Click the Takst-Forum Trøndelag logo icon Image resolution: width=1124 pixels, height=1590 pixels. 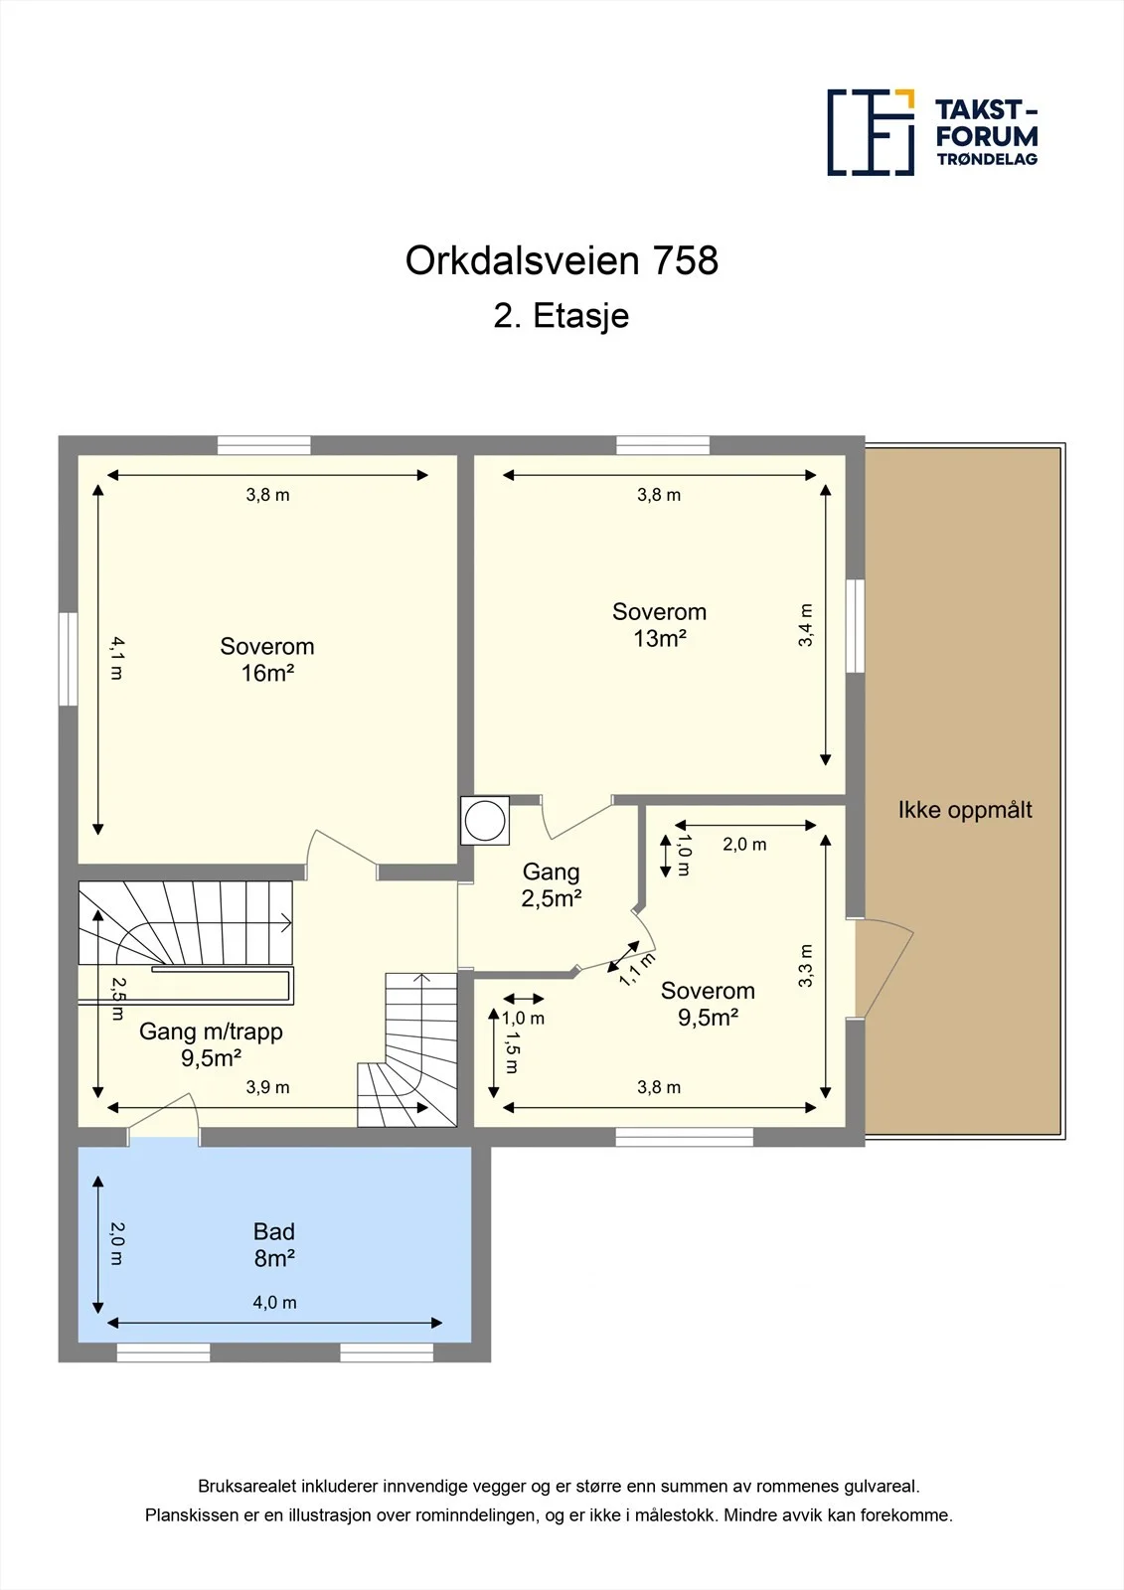pos(871,133)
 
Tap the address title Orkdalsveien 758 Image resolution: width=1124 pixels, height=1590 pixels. pos(562,260)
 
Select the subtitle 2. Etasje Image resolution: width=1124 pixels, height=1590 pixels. pos(561,315)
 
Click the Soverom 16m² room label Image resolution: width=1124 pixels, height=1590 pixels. pos(267,660)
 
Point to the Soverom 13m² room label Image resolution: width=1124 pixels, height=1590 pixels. pos(659,625)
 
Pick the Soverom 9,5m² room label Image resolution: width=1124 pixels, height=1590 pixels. pos(708,1004)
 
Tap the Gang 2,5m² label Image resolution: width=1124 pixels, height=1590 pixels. pos(551,884)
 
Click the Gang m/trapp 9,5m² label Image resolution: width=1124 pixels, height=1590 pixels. pos(211,1044)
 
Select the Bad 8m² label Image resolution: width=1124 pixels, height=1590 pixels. pos(274,1244)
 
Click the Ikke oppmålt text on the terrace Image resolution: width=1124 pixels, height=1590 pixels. pos(965,810)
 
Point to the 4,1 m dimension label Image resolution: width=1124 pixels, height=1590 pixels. pos(117,658)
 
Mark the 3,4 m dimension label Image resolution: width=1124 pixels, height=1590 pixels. pos(805,625)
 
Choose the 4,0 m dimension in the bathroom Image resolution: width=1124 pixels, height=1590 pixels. pos(274,1302)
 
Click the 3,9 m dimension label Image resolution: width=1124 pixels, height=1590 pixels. pos(267,1087)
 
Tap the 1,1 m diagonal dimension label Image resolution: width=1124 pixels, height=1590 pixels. pos(637,969)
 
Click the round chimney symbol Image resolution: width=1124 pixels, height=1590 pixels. pos(485,821)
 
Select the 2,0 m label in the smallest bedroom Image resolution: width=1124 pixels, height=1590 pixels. pos(744,844)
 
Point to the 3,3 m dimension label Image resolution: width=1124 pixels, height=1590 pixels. pos(805,965)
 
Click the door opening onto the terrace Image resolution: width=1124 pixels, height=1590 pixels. pos(884,968)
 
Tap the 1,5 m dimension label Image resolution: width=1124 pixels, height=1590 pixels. pos(511,1052)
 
